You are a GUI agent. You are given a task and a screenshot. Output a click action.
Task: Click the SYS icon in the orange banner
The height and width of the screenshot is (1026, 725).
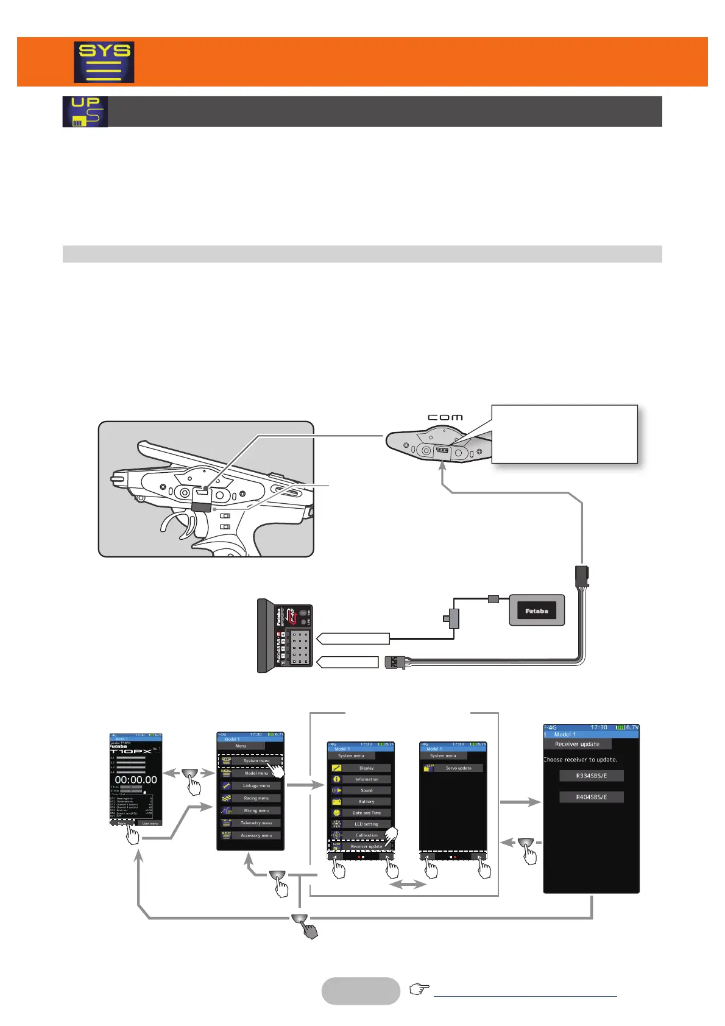[104, 62]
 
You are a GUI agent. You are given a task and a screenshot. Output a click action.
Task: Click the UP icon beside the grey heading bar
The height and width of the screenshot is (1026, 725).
[85, 111]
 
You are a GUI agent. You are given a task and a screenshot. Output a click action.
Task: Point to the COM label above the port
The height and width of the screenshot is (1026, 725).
[445, 417]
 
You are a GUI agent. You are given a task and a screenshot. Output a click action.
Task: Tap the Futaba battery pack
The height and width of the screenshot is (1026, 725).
[537, 610]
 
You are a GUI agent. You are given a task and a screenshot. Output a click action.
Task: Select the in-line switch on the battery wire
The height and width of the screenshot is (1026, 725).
[453, 618]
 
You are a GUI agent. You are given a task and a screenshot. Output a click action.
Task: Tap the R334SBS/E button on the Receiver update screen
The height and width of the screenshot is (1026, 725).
[591, 776]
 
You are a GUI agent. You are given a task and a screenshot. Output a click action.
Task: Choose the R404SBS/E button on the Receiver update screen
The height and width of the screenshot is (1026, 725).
[591, 797]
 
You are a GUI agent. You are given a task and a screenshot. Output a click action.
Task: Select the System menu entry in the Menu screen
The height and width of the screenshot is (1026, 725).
[256, 760]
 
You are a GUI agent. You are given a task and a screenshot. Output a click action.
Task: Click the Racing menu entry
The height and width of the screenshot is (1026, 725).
[256, 798]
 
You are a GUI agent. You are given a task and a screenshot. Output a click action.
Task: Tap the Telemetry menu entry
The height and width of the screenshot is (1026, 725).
[256, 823]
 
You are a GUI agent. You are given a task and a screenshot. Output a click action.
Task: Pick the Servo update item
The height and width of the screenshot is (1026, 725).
[458, 768]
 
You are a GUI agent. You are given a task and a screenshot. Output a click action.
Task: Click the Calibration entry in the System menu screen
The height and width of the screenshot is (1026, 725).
[366, 835]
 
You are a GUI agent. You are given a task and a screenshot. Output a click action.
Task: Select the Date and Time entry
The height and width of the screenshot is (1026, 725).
[366, 813]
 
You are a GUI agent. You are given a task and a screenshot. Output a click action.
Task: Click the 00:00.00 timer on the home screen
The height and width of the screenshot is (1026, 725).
[136, 780]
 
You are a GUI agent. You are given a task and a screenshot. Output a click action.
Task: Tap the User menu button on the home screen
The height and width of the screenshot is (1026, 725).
[150, 823]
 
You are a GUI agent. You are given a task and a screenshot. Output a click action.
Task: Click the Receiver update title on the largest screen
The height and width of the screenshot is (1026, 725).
[577, 744]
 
